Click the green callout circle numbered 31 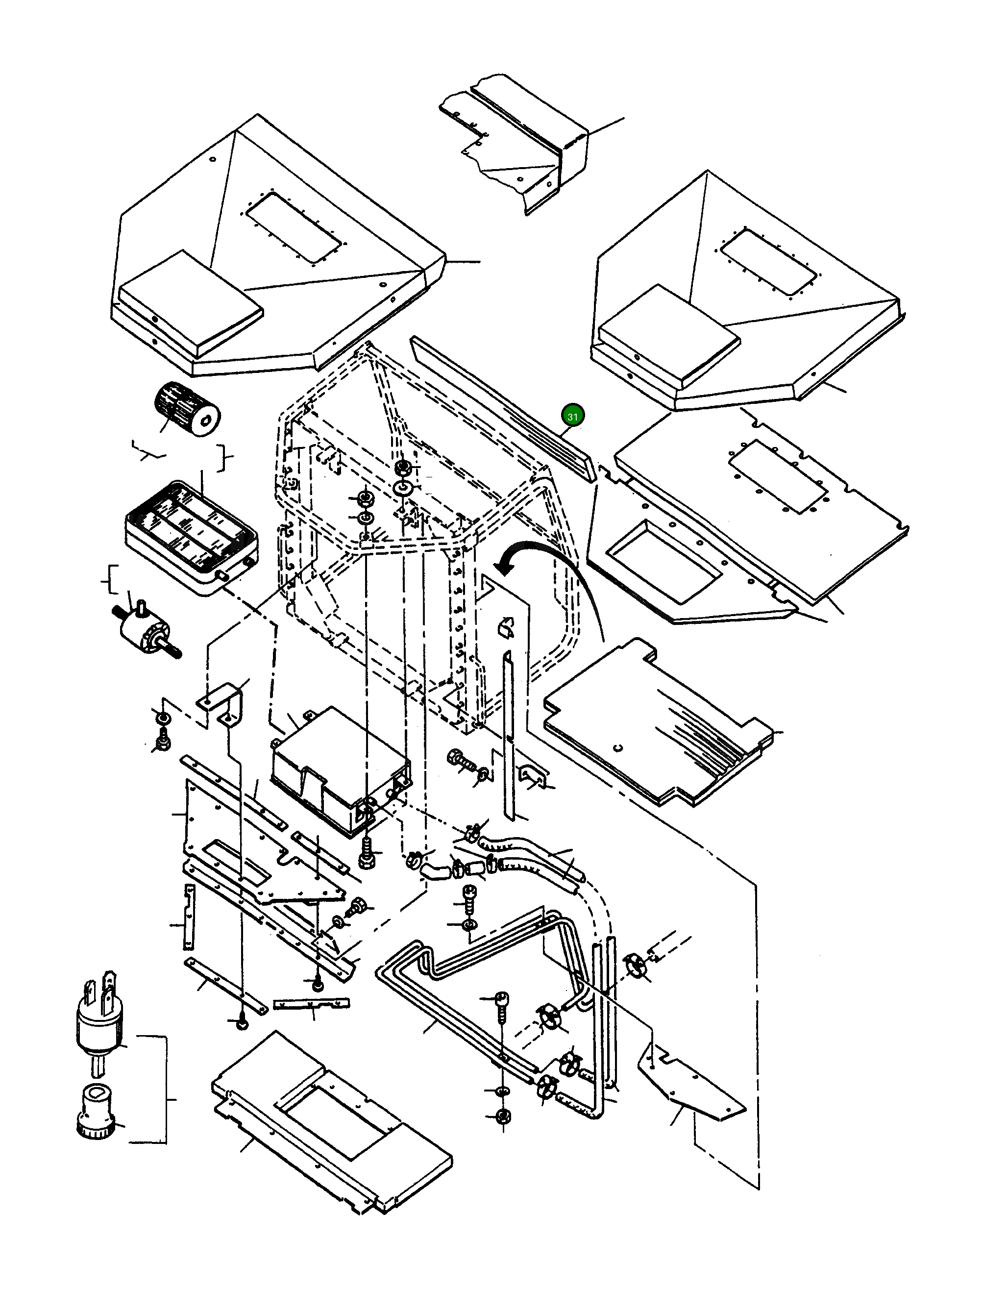572,416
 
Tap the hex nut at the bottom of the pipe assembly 502,1116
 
